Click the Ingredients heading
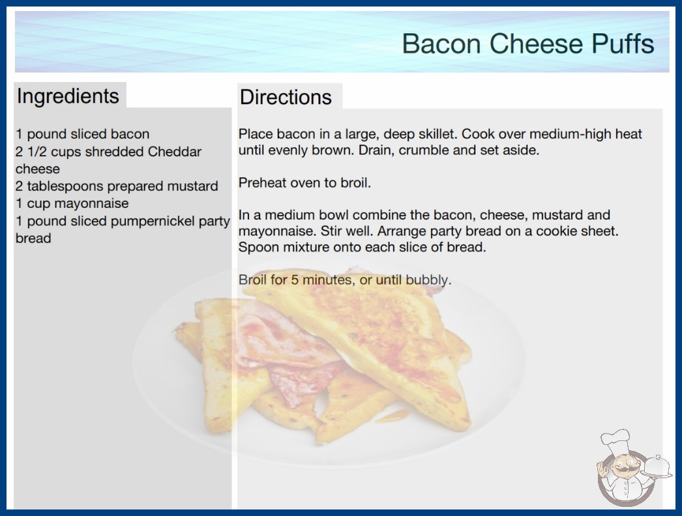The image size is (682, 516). pyautogui.click(x=68, y=96)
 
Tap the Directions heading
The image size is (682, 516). pyautogui.click(x=286, y=97)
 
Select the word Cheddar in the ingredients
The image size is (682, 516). pyautogui.click(x=175, y=152)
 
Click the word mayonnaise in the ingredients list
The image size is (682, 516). pyautogui.click(x=91, y=204)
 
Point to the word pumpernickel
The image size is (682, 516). pyautogui.click(x=153, y=222)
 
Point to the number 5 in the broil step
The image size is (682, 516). pyautogui.click(x=295, y=279)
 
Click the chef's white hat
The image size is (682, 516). pyautogui.click(x=615, y=440)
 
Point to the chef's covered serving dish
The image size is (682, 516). pyautogui.click(x=657, y=466)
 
